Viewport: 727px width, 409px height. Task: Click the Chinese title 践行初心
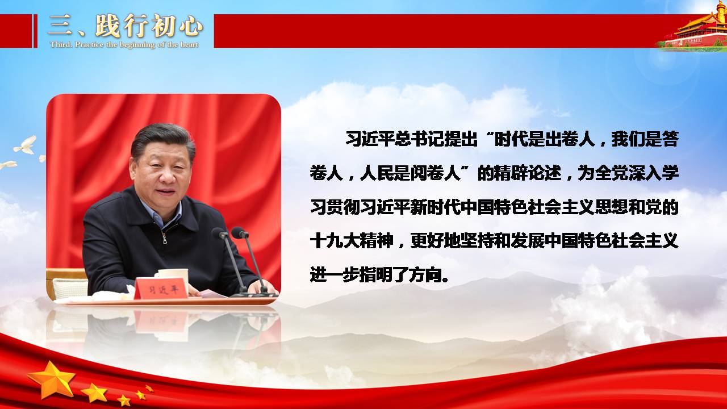(x=149, y=26)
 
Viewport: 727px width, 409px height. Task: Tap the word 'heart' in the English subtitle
(x=189, y=44)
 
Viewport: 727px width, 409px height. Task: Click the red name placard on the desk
(x=161, y=289)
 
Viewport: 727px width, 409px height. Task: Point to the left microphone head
(x=219, y=232)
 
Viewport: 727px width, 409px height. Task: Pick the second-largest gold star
(x=94, y=393)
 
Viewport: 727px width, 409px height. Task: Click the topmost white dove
(x=26, y=145)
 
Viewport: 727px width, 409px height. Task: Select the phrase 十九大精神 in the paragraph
(x=352, y=241)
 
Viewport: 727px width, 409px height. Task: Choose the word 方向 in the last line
(x=424, y=274)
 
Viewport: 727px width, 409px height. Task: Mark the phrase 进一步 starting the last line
(x=335, y=274)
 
